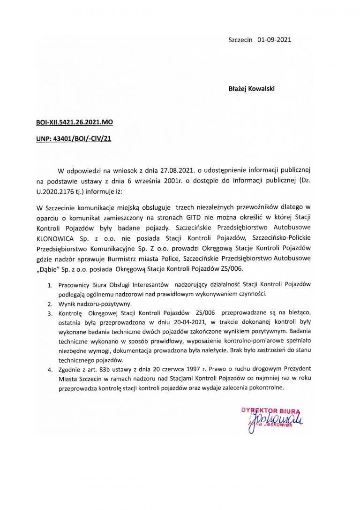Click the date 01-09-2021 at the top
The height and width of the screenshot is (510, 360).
tap(275, 40)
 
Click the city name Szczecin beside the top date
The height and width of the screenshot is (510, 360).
tap(240, 40)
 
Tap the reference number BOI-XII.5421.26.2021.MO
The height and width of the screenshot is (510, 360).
tap(75, 122)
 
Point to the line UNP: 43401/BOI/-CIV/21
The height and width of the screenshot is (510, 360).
tap(73, 139)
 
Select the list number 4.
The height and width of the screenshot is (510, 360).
tap(49, 369)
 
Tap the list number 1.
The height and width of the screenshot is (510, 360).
tap(49, 285)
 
